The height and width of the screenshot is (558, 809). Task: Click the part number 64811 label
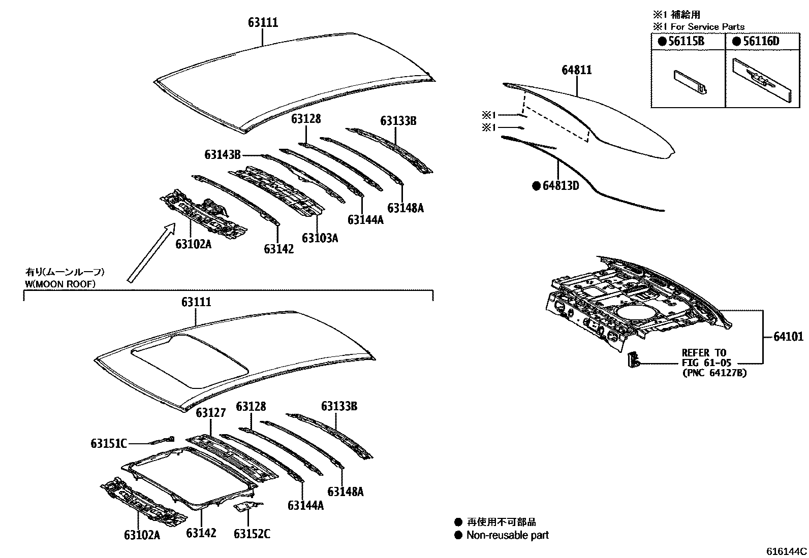coord(576,70)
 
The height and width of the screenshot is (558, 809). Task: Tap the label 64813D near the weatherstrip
coord(561,186)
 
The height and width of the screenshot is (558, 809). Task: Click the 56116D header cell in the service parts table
coord(760,42)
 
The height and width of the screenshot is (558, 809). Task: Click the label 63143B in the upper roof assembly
coord(223,154)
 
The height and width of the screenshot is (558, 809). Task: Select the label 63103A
coord(320,238)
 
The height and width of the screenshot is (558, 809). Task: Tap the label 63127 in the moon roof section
coord(210,412)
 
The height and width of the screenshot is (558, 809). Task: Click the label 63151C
coord(108,443)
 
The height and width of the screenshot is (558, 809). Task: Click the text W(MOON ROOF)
coord(60,284)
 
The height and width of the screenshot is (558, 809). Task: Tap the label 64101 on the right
coord(789,337)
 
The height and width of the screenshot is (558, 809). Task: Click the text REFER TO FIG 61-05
coord(706,358)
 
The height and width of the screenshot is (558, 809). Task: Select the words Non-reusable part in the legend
coord(507,535)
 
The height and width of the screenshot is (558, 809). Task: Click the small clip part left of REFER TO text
coord(633,359)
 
